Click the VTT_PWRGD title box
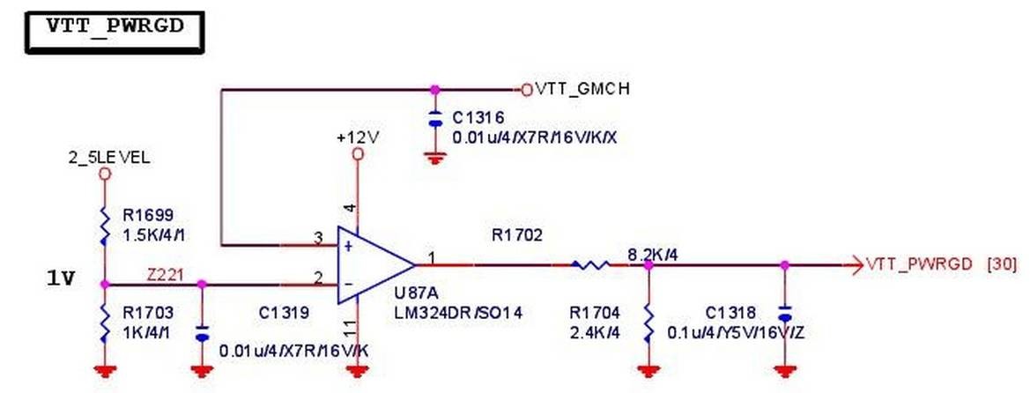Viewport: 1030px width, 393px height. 113,27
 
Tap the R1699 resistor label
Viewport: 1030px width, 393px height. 149,213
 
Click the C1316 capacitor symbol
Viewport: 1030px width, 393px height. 433,121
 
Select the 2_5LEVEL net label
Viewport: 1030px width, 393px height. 108,159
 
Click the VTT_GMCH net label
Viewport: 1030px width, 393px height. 582,89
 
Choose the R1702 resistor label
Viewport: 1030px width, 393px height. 518,235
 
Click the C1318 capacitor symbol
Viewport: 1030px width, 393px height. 784,314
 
